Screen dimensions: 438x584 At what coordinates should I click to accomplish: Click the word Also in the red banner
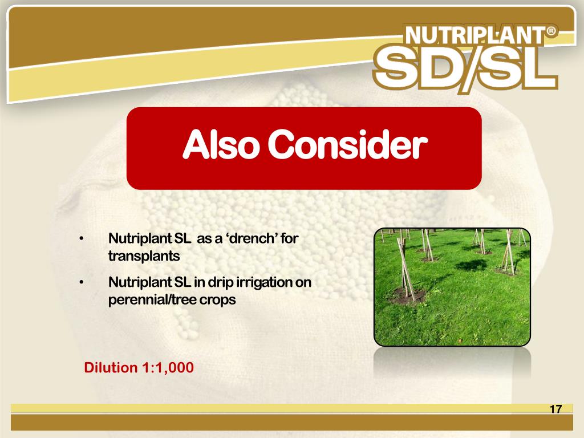pyautogui.click(x=223, y=147)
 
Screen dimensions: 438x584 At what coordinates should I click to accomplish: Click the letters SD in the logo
pyautogui.click(x=417, y=69)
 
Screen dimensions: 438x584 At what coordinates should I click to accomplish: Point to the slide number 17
pyautogui.click(x=555, y=409)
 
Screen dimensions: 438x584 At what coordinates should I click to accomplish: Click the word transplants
pyautogui.click(x=144, y=256)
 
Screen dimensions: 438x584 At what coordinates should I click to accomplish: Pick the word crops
pyautogui.click(x=217, y=299)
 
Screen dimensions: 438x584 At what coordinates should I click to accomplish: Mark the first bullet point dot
pyautogui.click(x=83, y=238)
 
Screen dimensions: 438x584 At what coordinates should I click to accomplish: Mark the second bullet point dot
pyautogui.click(x=83, y=282)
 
